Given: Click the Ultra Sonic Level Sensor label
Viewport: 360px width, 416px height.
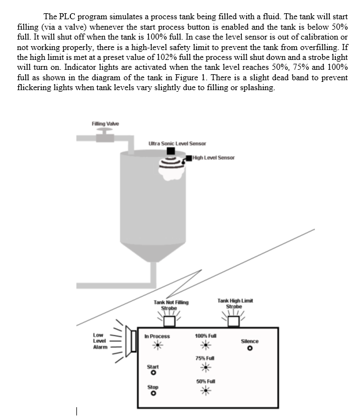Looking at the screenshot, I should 177,143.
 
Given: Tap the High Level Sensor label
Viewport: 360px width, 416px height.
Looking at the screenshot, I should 214,158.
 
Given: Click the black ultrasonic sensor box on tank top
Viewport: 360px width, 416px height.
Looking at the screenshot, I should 171,151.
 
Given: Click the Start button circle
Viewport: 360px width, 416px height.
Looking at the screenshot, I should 153,373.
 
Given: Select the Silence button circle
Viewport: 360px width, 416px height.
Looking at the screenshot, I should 250,348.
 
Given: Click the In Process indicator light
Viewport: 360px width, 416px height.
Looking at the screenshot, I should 157,345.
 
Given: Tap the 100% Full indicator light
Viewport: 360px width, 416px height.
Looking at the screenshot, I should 206,345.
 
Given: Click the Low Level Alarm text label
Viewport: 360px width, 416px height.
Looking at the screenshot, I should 99,341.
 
